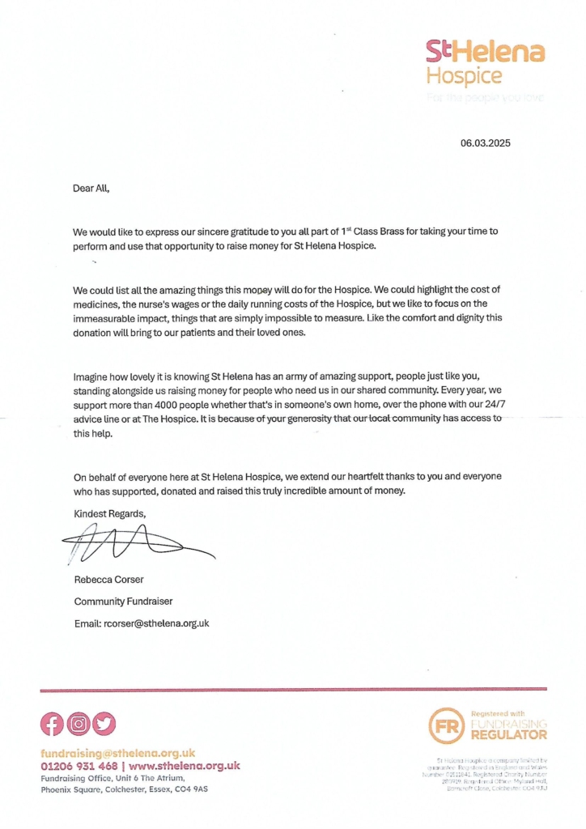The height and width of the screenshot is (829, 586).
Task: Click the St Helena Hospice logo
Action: click(x=485, y=62)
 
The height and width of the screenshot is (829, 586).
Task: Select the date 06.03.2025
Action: click(x=486, y=143)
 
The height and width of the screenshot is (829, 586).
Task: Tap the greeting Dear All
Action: click(x=91, y=188)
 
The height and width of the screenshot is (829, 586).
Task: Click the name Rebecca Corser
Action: click(x=108, y=579)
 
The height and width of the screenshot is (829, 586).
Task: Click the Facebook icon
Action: click(x=52, y=723)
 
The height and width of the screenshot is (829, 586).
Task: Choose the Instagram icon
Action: click(x=78, y=723)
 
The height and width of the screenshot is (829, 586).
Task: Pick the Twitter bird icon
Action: click(x=104, y=723)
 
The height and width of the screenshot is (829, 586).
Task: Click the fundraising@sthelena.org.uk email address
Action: click(x=117, y=753)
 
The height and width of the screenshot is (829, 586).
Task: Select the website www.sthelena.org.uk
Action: click(x=185, y=766)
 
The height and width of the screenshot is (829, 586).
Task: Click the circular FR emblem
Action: click(x=446, y=725)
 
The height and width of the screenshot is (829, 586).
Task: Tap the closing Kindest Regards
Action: click(x=110, y=513)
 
